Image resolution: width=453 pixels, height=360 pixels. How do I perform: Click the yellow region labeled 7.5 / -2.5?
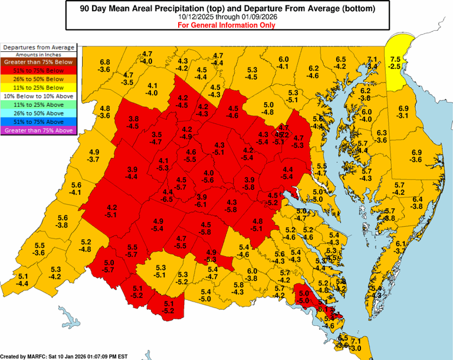click(395, 63)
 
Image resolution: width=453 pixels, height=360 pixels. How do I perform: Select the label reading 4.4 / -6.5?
click(168, 196)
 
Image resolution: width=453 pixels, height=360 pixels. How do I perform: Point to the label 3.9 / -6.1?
click(202, 200)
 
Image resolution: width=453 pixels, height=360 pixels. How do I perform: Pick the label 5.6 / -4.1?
click(76, 189)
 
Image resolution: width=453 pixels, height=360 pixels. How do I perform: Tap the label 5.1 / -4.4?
click(24, 280)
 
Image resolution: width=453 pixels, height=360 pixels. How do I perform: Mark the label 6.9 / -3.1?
click(403, 112)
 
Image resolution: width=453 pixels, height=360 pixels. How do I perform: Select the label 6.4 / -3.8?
click(417, 202)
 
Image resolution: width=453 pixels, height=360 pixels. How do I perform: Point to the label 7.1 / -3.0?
click(356, 345)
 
